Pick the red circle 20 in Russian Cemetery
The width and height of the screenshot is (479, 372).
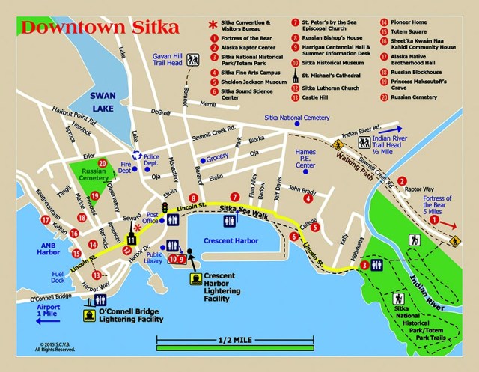pyautogui.click(x=102, y=164)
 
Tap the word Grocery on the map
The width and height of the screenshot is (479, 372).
pyautogui.click(x=218, y=159)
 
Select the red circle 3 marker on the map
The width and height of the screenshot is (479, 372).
pyautogui.click(x=364, y=265)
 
